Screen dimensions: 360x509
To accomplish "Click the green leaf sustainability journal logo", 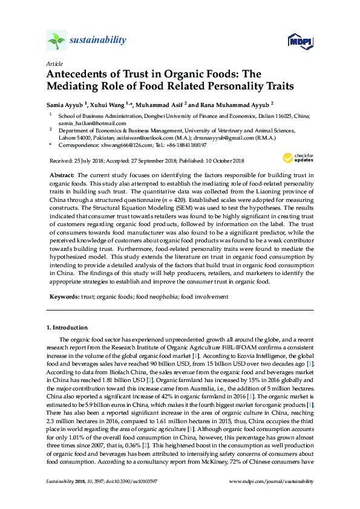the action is (56, 41).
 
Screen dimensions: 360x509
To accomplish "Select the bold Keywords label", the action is (63, 297).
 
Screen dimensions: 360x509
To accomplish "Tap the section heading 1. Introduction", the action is (68, 327).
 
